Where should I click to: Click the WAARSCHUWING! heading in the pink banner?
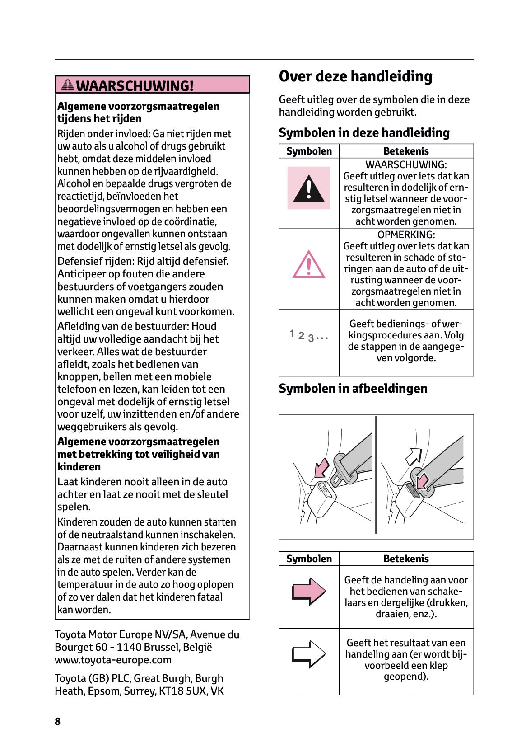[x=135, y=85]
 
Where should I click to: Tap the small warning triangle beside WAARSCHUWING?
[x=68, y=85]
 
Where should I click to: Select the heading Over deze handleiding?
[x=355, y=76]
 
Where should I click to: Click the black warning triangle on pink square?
[x=309, y=188]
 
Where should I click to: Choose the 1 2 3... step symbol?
[x=309, y=336]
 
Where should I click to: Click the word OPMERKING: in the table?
[x=406, y=235]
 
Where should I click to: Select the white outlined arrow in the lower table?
[x=309, y=654]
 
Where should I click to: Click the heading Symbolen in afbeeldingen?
[x=353, y=389]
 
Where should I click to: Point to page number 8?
[x=57, y=721]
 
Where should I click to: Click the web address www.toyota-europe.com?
[x=113, y=660]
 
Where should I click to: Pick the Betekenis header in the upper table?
[x=406, y=151]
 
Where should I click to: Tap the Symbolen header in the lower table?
[x=309, y=559]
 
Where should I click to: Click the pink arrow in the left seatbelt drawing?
[x=321, y=468]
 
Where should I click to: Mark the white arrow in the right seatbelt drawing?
[x=414, y=456]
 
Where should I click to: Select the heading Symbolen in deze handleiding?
[x=364, y=133]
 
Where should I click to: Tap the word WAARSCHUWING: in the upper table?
[x=406, y=165]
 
